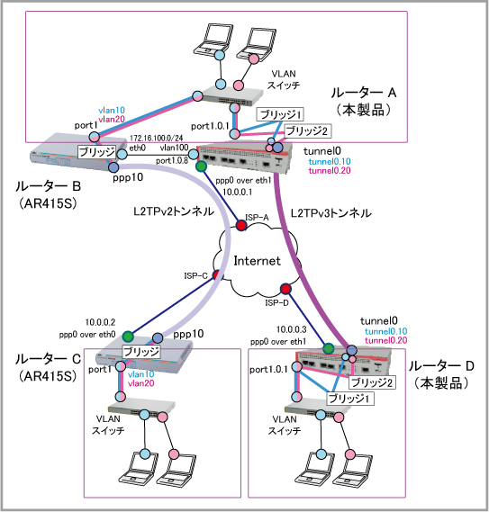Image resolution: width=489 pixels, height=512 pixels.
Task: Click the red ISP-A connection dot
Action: pyautogui.click(x=241, y=225)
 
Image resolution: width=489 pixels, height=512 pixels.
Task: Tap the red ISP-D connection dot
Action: pyautogui.click(x=285, y=289)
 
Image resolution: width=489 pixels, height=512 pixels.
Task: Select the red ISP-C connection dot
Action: pyautogui.click(x=217, y=275)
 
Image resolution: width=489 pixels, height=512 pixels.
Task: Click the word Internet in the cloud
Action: pyautogui.click(x=257, y=261)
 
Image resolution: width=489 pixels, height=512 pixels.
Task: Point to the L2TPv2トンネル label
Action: pyautogui.click(x=174, y=212)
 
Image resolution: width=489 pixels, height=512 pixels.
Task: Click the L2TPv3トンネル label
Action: pyautogui.click(x=331, y=213)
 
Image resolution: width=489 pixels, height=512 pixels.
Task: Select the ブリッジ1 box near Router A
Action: pyautogui.click(x=280, y=114)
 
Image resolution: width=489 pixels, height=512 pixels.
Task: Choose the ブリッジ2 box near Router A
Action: pyautogui.click(x=307, y=131)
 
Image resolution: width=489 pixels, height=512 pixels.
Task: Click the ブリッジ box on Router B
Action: pyautogui.click(x=96, y=152)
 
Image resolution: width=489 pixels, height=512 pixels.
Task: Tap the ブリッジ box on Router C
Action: pyautogui.click(x=141, y=351)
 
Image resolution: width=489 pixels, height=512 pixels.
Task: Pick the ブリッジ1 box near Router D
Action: pyautogui.click(x=350, y=399)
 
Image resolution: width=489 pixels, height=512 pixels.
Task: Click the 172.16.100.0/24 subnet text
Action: pyautogui.click(x=156, y=139)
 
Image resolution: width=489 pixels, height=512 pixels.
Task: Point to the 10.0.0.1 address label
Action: pyautogui.click(x=238, y=192)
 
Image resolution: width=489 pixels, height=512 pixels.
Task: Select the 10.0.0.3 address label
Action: pyautogui.click(x=291, y=329)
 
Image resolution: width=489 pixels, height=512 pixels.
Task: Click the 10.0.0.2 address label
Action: pyautogui.click(x=100, y=323)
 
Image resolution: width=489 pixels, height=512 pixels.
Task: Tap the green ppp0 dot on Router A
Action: pyautogui.click(x=202, y=166)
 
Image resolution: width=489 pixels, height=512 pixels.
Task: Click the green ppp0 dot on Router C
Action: pyautogui.click(x=128, y=336)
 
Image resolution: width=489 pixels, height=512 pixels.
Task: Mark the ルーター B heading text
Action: pyautogui.click(x=48, y=186)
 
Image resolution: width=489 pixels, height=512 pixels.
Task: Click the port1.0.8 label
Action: pyautogui.click(x=172, y=161)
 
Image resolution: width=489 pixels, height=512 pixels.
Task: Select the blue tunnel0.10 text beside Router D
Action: pyautogui.click(x=386, y=332)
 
